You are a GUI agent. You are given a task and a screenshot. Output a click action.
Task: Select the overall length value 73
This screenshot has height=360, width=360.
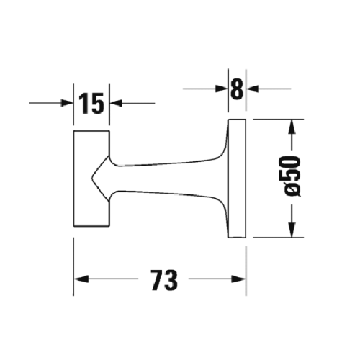tap(165, 279)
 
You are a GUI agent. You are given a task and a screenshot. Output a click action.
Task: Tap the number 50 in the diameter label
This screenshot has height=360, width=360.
tap(292, 171)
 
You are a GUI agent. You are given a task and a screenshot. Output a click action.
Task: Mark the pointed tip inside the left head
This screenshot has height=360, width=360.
tap(94, 178)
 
